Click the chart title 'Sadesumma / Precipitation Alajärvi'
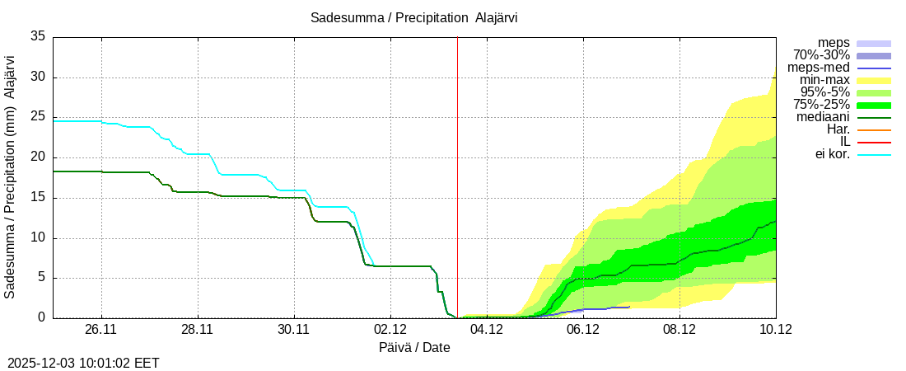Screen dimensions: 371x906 click(414, 17)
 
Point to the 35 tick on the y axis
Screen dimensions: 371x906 click(38, 37)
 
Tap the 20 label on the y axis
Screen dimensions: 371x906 click(38, 157)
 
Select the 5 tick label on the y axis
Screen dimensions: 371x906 click(41, 279)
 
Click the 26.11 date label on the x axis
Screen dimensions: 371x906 click(101, 330)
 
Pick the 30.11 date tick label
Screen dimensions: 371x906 click(294, 330)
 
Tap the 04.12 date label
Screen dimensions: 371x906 click(487, 330)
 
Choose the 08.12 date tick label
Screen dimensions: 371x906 click(679, 330)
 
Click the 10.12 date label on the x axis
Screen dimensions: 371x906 click(776, 330)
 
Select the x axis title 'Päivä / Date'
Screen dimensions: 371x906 click(414, 348)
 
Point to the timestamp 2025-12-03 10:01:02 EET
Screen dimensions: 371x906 click(83, 363)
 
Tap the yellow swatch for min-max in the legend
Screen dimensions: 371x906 click(874, 81)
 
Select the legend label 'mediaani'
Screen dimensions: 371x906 click(823, 117)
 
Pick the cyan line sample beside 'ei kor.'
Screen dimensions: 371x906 click(874, 155)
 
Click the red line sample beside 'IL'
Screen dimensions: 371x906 click(874, 143)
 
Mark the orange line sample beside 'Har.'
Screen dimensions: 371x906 click(874, 130)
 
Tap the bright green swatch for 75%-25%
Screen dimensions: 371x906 click(874, 106)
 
